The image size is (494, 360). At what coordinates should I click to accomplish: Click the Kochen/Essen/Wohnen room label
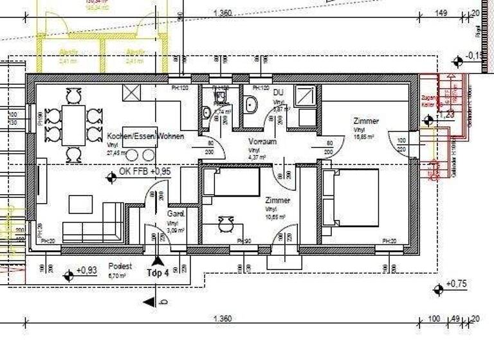pos(146,136)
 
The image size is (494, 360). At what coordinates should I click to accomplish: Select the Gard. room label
pos(176,213)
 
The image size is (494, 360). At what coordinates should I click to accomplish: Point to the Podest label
pos(120,266)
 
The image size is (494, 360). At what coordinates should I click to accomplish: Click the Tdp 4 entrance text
pos(158,271)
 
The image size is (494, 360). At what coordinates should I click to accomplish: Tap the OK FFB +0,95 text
pos(145,172)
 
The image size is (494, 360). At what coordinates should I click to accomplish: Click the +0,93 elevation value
pos(86,271)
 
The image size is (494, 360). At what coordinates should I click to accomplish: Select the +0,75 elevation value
pos(457,283)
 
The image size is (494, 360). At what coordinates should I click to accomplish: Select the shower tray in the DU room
pos(305,96)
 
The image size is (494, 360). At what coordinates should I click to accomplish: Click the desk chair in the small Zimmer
pos(225,224)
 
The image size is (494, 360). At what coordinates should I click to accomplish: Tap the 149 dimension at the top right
pos(441,12)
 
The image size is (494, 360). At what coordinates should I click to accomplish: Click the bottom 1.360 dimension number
pos(222,319)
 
